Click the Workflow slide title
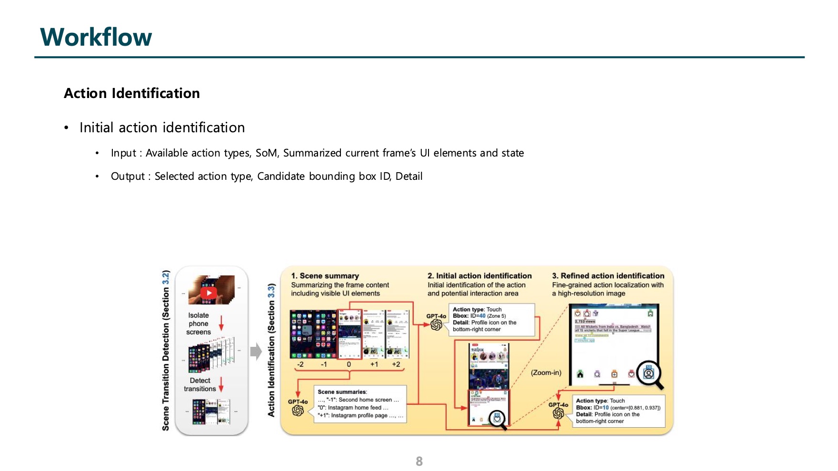[96, 37]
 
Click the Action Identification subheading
[132, 93]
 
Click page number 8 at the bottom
[419, 461]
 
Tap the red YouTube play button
[209, 293]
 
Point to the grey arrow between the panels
[256, 352]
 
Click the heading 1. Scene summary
[325, 276]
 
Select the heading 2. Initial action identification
[479, 276]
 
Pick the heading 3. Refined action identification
[608, 276]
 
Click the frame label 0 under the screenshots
[349, 364]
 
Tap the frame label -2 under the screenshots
[300, 364]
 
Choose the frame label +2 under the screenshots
[396, 364]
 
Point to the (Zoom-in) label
[546, 373]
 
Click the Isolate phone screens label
[199, 324]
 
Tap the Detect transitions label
[200, 384]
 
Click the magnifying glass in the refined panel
[649, 373]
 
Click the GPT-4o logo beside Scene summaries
[298, 410]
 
